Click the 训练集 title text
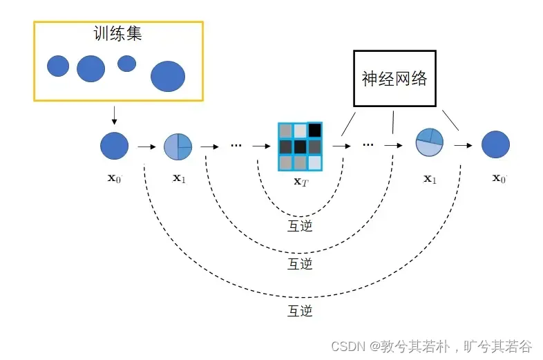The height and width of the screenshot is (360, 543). pos(118,34)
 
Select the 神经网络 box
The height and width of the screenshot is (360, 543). pos(394,78)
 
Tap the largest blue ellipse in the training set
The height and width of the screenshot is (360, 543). pos(168,76)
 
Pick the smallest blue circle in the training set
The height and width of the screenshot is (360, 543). pos(126,64)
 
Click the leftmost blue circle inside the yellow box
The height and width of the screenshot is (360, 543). pos(58,66)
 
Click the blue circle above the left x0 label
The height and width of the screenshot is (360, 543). pos(114,146)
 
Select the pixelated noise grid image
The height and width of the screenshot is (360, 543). pos(300,146)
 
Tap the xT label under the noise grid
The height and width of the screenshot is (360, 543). pos(300,181)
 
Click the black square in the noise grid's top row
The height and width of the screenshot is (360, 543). pos(314,130)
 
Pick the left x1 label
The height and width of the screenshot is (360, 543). pos(179,178)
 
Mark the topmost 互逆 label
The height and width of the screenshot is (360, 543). pos(300,225)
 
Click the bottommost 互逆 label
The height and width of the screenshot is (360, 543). pos(300,311)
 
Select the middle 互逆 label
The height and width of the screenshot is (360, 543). pos(300,264)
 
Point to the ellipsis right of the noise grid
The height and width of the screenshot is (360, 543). pos(368,144)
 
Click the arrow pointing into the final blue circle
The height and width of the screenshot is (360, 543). pos(463,146)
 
